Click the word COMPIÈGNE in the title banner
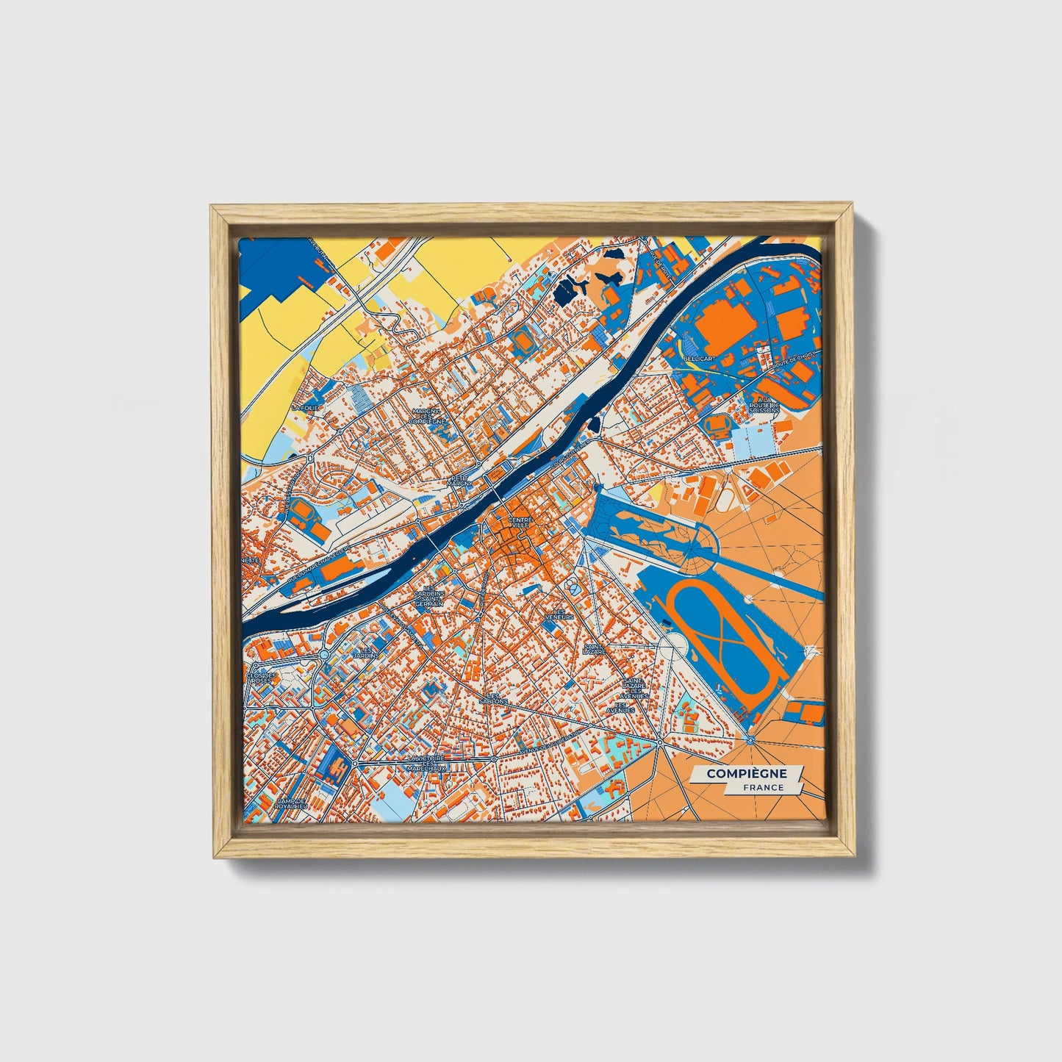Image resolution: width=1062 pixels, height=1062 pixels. coord(746,774)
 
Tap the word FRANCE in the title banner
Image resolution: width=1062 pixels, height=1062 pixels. coord(762,787)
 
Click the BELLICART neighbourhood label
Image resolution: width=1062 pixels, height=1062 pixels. coord(699,358)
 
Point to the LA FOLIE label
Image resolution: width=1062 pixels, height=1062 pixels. coord(306,406)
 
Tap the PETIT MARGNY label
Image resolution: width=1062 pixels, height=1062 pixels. coord(460,481)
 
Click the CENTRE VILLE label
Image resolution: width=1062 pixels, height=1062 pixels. coord(520,522)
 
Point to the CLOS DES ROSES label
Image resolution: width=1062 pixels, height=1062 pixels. coord(262,678)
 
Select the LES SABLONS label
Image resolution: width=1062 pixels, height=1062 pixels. coord(498,698)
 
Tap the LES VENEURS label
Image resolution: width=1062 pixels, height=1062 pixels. coord(563,614)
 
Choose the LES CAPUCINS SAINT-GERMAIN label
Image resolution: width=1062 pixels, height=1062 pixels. coord(429,598)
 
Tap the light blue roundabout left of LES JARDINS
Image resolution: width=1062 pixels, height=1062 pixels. coord(324,653)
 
